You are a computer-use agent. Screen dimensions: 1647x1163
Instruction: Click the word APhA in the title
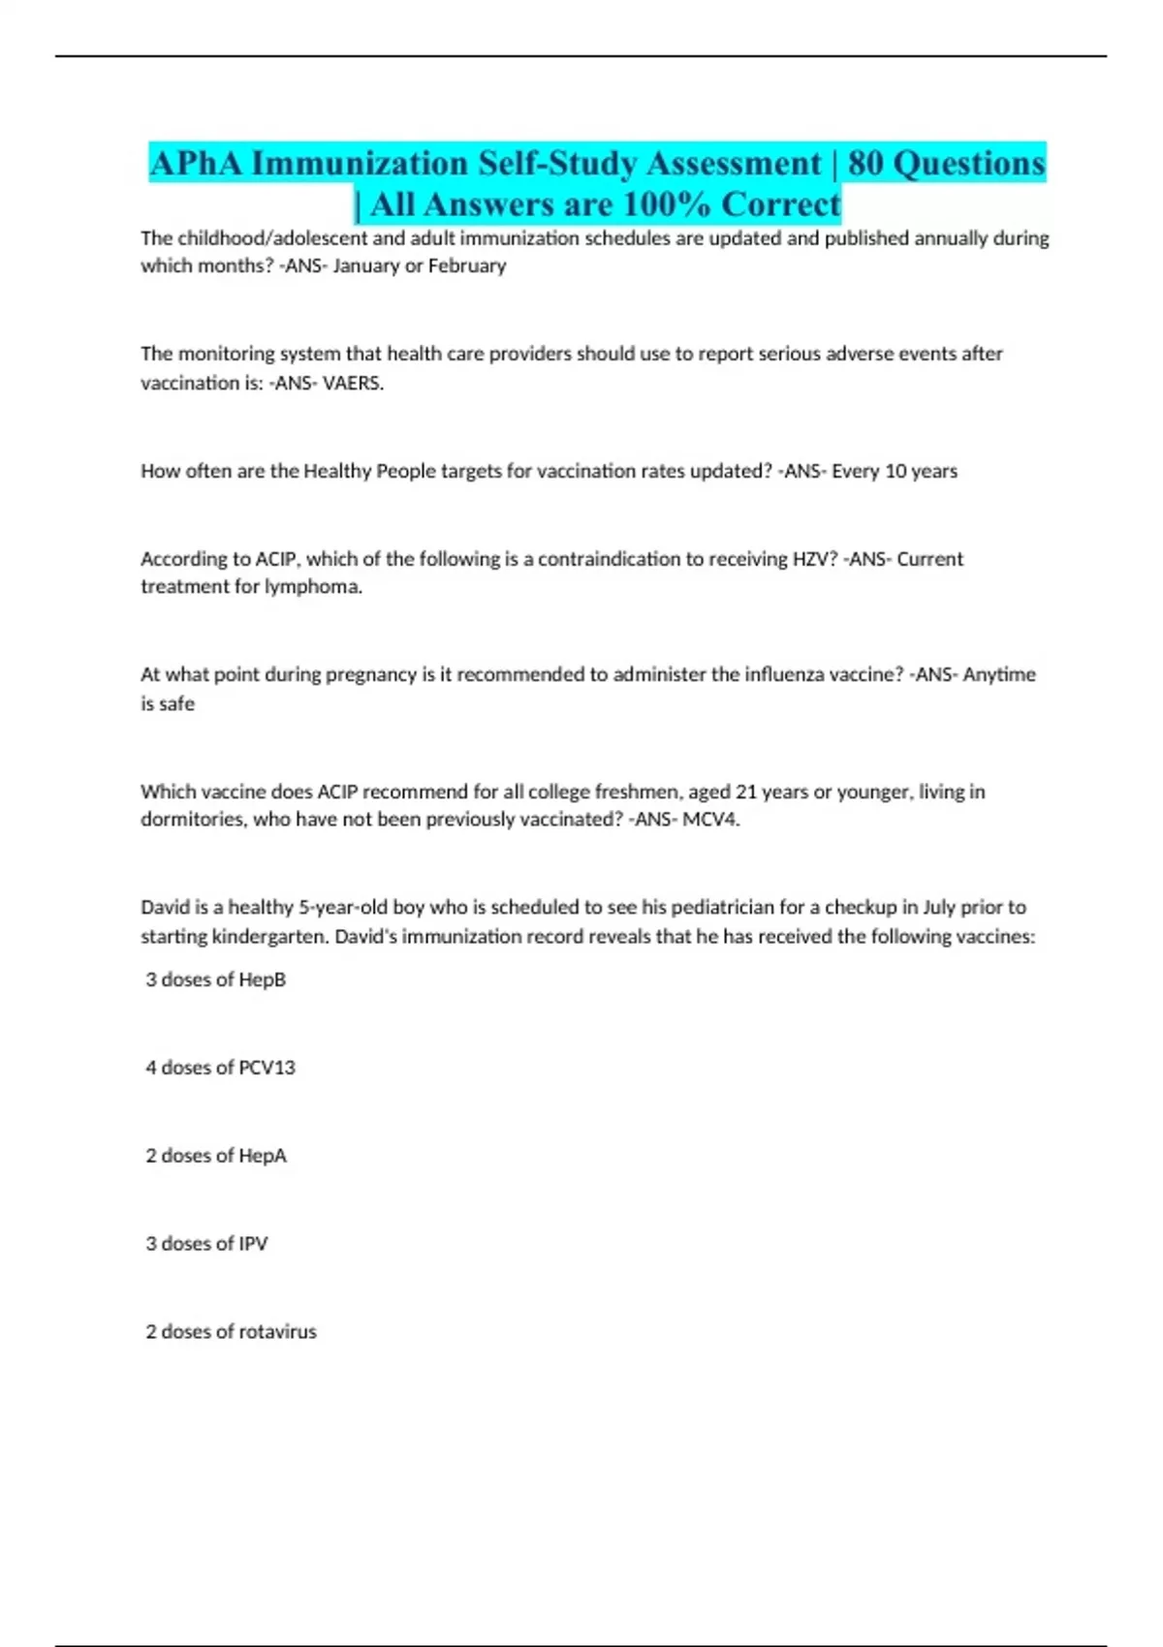pyautogui.click(x=197, y=164)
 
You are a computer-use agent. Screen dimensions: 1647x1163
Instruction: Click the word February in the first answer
pyautogui.click(x=469, y=265)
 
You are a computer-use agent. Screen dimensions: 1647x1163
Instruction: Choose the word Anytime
pyautogui.click(x=999, y=674)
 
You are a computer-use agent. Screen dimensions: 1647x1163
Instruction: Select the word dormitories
pyautogui.click(x=192, y=820)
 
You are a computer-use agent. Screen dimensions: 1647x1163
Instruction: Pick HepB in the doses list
pyautogui.click(x=262, y=979)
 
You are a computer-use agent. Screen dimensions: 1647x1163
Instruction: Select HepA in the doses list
pyautogui.click(x=262, y=1156)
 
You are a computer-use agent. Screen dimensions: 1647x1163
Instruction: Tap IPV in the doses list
pyautogui.click(x=253, y=1244)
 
